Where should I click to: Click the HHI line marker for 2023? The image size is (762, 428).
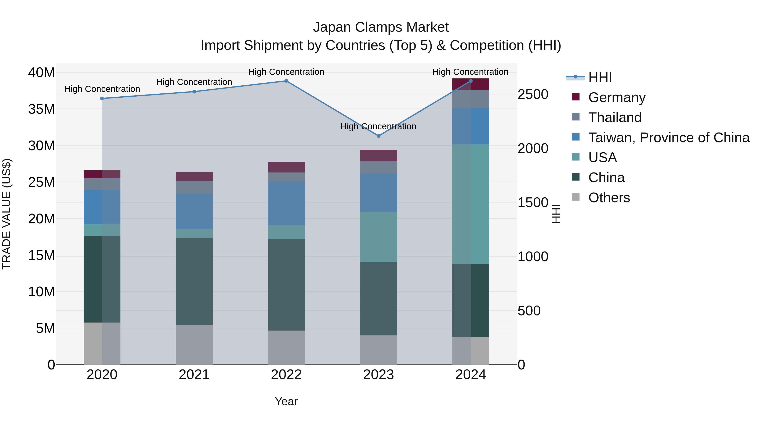378,136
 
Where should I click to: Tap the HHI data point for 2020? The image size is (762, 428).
102,98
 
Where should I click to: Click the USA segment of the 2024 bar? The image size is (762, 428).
471,204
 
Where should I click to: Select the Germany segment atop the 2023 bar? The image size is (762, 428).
378,156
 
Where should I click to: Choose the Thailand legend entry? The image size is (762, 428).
615,118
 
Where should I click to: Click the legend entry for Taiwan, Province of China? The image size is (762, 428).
668,138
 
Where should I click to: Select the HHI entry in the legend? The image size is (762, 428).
600,77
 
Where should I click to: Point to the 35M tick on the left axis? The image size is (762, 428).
41,109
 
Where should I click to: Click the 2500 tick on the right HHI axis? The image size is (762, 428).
533,94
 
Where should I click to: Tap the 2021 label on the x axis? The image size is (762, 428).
194,375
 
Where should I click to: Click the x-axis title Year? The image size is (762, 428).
286,401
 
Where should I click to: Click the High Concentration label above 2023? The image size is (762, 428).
378,126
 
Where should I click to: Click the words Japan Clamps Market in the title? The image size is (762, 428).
381,27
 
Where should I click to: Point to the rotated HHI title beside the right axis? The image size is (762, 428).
556,214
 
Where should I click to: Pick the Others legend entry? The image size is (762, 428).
609,198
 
